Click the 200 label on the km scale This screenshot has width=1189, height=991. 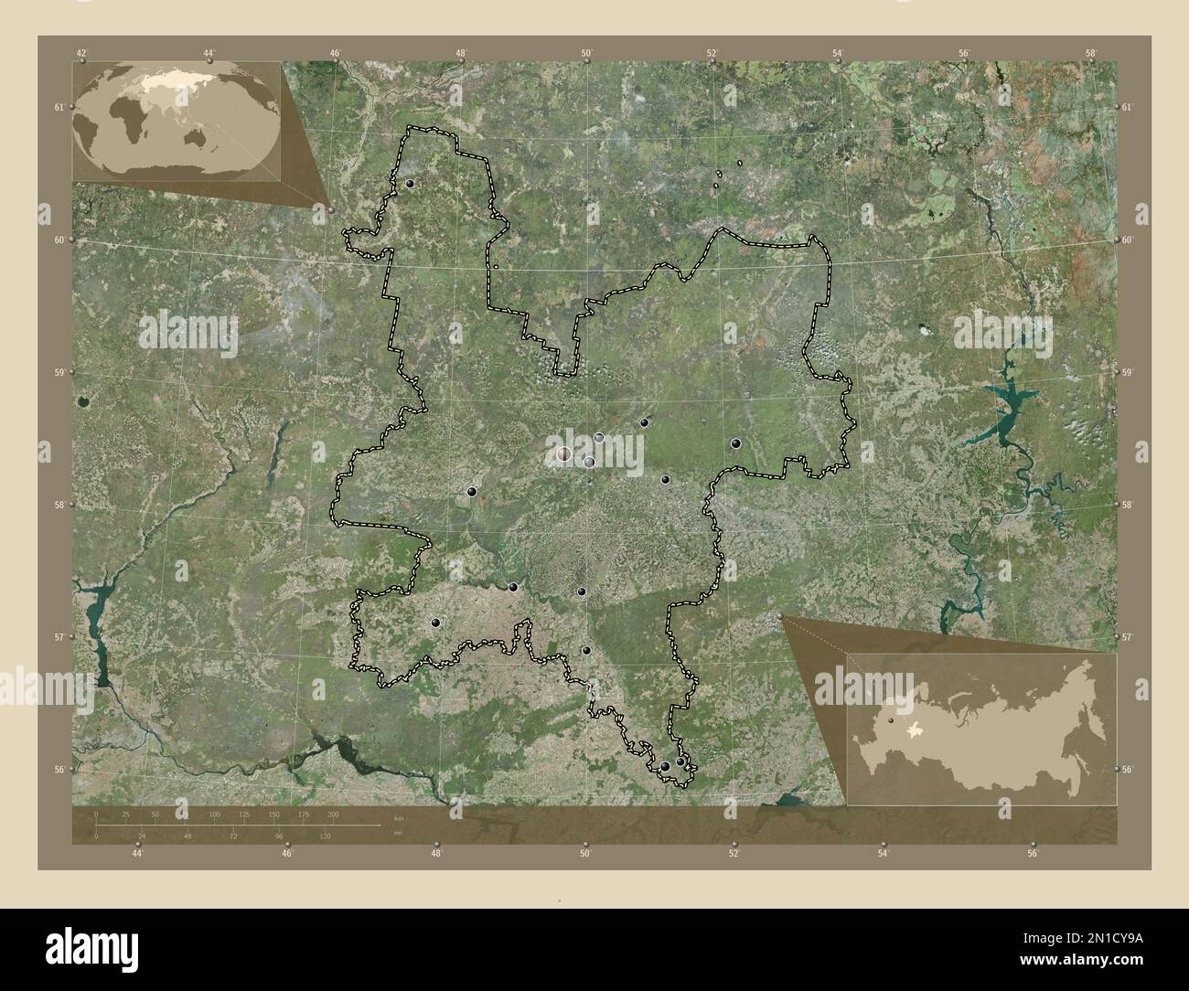click(333, 814)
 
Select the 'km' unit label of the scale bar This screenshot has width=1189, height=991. click(397, 816)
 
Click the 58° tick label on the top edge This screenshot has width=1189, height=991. click(1090, 53)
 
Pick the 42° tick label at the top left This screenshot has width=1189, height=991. click(82, 53)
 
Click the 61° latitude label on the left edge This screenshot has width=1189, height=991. click(59, 108)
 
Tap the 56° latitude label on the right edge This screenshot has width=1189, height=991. click(1128, 770)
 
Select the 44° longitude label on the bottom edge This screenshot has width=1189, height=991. click(137, 854)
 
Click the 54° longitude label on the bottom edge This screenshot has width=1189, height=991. click(883, 854)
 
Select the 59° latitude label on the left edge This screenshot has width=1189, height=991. click(59, 373)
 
